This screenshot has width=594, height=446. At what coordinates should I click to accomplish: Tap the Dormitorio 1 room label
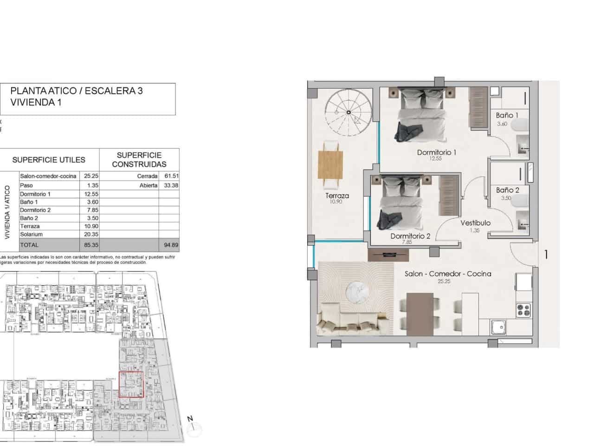coord(437,152)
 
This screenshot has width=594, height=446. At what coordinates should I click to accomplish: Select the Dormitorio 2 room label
coord(410,236)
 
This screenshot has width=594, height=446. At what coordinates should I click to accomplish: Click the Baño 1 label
coord(507,115)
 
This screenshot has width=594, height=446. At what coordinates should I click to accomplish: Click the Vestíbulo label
coord(475,223)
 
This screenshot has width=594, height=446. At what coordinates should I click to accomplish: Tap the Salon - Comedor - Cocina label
coord(447,274)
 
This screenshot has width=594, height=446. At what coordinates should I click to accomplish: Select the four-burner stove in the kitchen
coord(523,309)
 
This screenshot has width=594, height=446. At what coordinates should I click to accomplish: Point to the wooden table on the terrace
coord(331,164)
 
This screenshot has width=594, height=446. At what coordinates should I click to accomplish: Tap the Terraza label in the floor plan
coord(337,196)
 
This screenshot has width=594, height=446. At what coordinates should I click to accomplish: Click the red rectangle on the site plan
coord(131,385)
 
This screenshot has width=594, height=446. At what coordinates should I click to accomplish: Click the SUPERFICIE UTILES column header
coord(49,160)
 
